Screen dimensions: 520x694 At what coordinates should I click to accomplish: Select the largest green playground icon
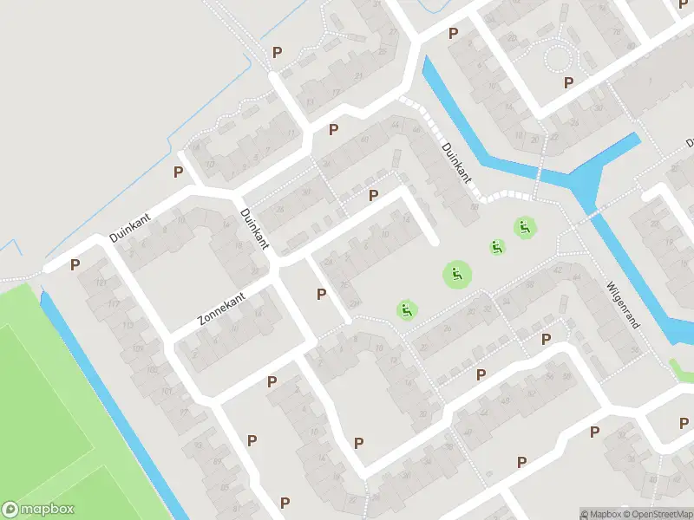(x=457, y=276)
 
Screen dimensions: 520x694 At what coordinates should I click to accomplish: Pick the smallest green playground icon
(x=497, y=247)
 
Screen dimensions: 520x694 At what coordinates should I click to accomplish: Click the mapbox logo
(x=38, y=510)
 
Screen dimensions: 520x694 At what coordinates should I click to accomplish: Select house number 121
(x=102, y=284)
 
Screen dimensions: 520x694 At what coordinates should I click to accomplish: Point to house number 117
(x=114, y=304)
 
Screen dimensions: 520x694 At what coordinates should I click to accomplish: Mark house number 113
(x=127, y=326)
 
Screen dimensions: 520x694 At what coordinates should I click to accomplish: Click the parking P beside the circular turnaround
(x=569, y=82)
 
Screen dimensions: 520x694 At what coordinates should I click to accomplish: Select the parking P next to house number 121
(x=75, y=264)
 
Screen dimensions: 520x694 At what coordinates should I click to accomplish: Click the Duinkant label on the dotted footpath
(x=456, y=162)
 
